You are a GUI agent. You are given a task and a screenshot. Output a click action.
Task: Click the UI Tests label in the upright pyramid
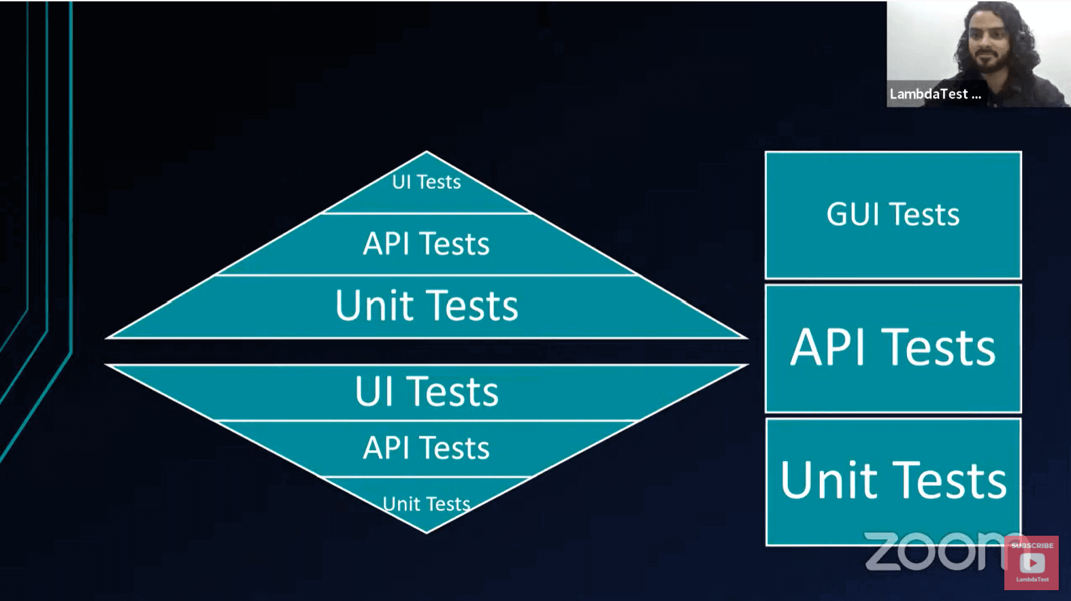(427, 182)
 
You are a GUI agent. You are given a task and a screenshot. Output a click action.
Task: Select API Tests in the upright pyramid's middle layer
(427, 243)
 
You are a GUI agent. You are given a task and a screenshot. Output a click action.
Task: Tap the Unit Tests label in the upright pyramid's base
(427, 305)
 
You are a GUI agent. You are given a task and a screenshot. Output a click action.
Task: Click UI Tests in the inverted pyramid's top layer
(427, 392)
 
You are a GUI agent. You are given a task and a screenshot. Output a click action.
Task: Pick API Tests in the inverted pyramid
(427, 448)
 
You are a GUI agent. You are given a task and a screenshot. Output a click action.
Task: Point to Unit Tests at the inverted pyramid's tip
(427, 504)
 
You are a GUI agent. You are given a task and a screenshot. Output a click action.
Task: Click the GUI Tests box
(893, 215)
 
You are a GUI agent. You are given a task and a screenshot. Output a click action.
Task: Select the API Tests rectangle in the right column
(893, 348)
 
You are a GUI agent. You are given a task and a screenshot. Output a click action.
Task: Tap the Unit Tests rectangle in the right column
(893, 481)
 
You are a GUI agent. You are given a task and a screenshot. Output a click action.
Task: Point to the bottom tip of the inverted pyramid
(427, 531)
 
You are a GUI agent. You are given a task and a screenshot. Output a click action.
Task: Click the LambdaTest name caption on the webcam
(935, 95)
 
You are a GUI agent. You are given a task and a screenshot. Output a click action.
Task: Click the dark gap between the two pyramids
(427, 351)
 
